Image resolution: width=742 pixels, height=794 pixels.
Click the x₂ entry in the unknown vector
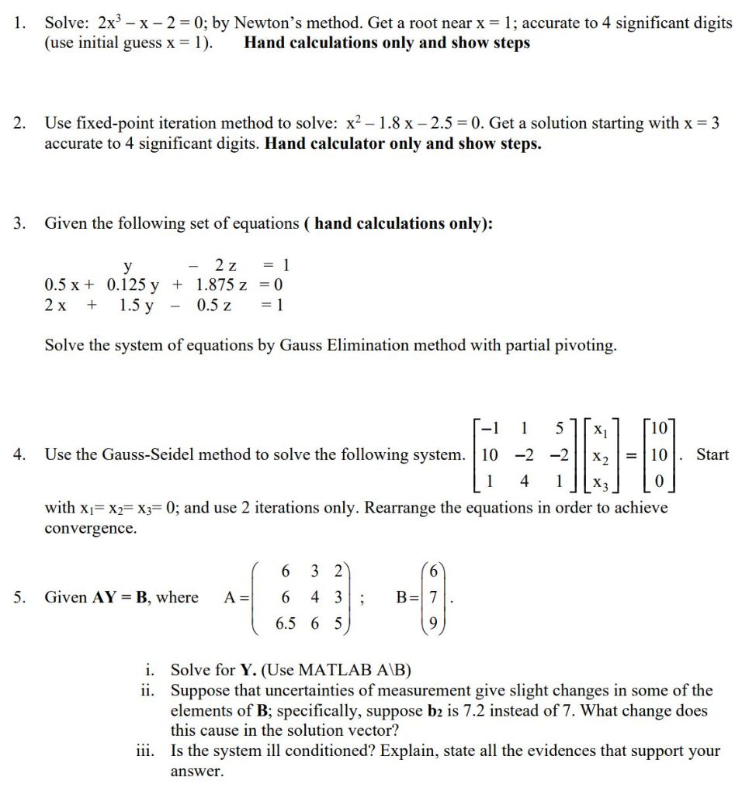pos(599,455)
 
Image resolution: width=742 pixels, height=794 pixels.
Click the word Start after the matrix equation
pos(712,454)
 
